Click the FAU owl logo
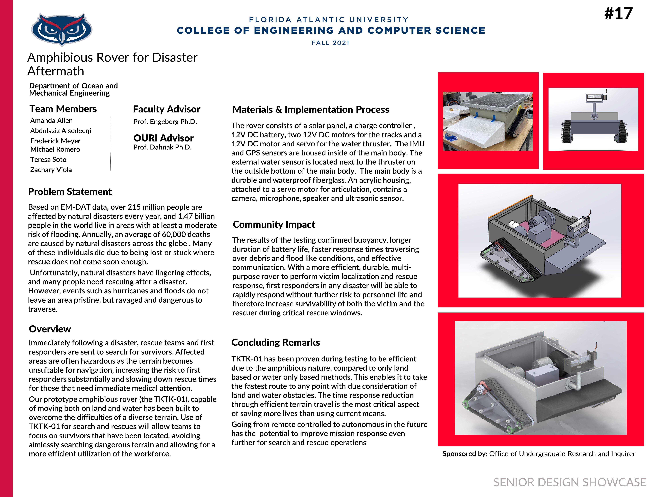click(62, 29)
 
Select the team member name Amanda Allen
click(51, 120)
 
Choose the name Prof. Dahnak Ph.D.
click(162, 147)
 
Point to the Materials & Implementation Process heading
click(311, 110)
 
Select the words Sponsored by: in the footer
click(465, 454)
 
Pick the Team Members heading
click(63, 109)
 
